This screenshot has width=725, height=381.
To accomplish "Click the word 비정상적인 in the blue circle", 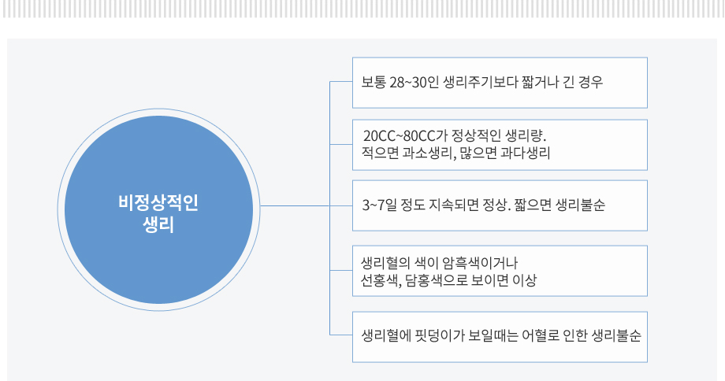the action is (x=158, y=203).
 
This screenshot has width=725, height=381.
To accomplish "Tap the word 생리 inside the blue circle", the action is (x=158, y=225).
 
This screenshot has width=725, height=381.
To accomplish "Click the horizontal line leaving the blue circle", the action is (x=295, y=205).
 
